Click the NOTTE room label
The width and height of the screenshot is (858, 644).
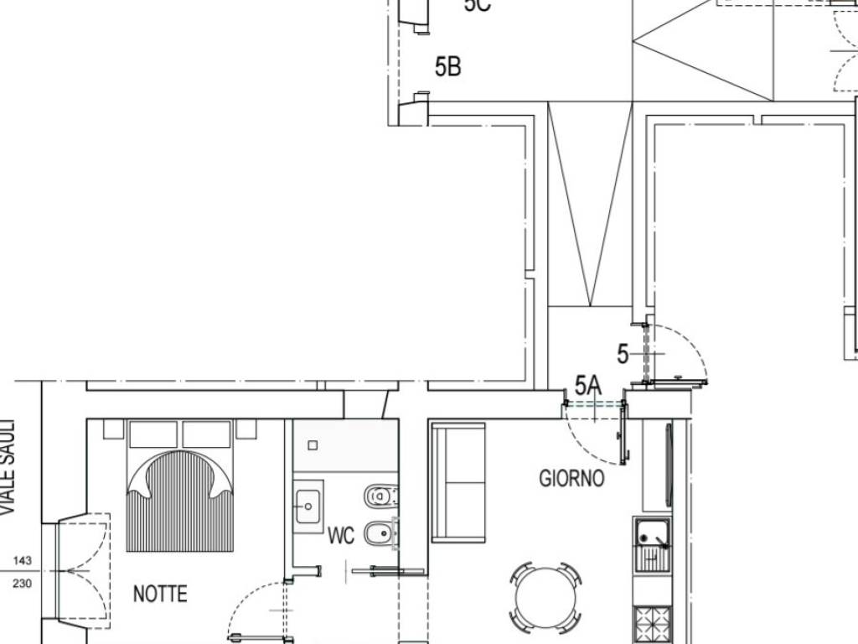coord(160,595)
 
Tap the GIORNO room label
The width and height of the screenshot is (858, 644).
coord(571,479)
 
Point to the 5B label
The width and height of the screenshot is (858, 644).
coord(447,66)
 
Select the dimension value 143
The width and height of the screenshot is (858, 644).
coord(23,561)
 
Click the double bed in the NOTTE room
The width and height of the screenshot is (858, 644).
coord(179,495)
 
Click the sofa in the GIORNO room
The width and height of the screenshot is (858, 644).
coord(458,482)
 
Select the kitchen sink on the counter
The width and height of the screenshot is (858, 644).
coord(652,544)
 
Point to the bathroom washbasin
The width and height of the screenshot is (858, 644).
coord(308,506)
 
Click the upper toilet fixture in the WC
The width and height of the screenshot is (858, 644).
coord(380,497)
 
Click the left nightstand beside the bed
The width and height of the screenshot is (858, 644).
coord(113,429)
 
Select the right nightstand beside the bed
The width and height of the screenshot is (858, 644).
coord(246,429)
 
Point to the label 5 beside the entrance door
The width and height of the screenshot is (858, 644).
coord(622,354)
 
